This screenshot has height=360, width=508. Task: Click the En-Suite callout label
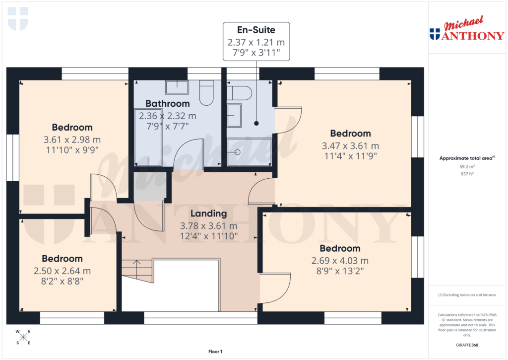point(256,30)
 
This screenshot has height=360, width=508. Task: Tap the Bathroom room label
point(167,103)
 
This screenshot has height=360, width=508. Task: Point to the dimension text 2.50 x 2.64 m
point(62,271)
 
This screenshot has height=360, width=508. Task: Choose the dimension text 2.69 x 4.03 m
point(340,261)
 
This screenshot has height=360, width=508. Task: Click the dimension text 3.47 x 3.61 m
point(350,145)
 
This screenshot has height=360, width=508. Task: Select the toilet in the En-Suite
point(240,92)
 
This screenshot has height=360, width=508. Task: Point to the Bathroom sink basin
point(177,87)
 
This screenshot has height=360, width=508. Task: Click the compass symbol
point(23,337)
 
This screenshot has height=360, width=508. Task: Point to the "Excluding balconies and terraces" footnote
point(467,295)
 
